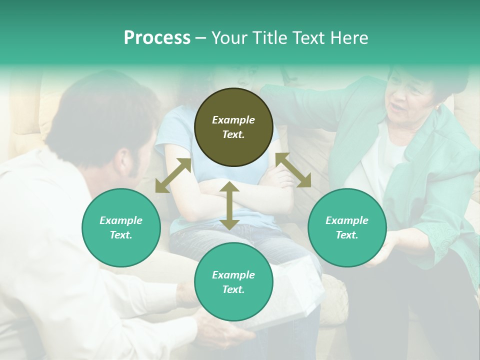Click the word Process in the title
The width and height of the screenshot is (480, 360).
pos(157,38)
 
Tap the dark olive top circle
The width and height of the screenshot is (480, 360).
pos(233,127)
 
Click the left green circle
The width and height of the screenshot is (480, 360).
pos(121,227)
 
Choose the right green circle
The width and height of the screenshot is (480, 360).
pos(347,227)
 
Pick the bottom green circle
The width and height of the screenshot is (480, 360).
pos(233,282)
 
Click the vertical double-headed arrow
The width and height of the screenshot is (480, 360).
pos(229,205)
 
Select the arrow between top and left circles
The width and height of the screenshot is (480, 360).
pos(173,175)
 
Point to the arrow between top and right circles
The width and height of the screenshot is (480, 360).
pos(293,170)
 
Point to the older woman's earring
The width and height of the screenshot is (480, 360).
pos(437,107)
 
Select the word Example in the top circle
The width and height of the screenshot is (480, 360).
pos(233,120)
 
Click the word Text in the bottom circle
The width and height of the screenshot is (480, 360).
pos(233,289)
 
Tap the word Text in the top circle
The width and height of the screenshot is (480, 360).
pos(233,134)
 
